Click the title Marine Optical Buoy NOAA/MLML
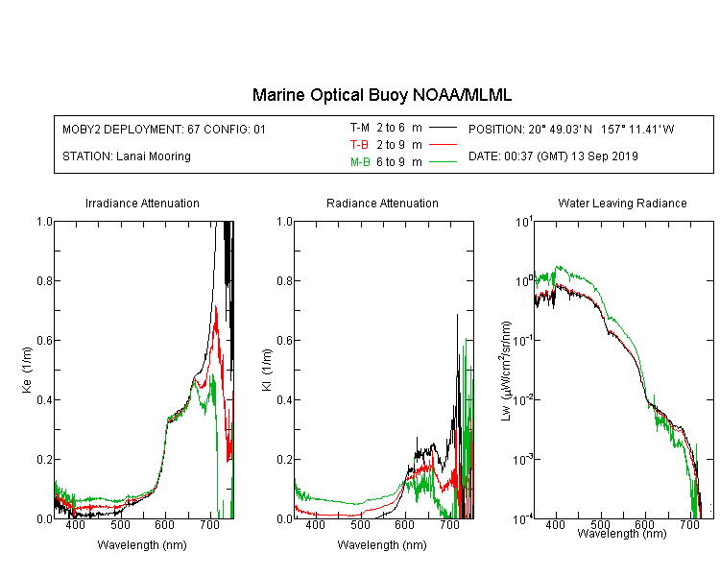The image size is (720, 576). (x=381, y=96)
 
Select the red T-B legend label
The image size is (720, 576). (x=359, y=145)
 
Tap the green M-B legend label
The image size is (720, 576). (x=360, y=162)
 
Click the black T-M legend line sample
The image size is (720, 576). (x=443, y=128)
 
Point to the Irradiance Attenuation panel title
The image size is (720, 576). (x=142, y=203)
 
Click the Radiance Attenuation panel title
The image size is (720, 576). (x=382, y=203)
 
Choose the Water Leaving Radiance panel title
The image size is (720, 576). (x=622, y=203)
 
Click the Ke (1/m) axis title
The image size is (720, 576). (x=27, y=370)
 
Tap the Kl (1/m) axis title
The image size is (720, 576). (x=267, y=370)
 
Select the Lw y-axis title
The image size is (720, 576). (x=506, y=372)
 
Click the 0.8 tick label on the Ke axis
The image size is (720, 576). (x=44, y=280)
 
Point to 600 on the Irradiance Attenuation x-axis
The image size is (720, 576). (x=164, y=524)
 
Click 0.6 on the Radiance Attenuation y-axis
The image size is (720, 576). (x=284, y=341)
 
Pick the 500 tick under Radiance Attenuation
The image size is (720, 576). (x=360, y=524)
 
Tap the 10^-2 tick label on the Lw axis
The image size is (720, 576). (x=523, y=399)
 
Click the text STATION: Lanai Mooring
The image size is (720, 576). (x=127, y=156)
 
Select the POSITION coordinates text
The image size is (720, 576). (x=571, y=129)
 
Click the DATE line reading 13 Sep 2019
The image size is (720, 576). (x=553, y=156)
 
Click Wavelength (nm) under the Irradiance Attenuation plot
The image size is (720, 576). (x=142, y=545)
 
